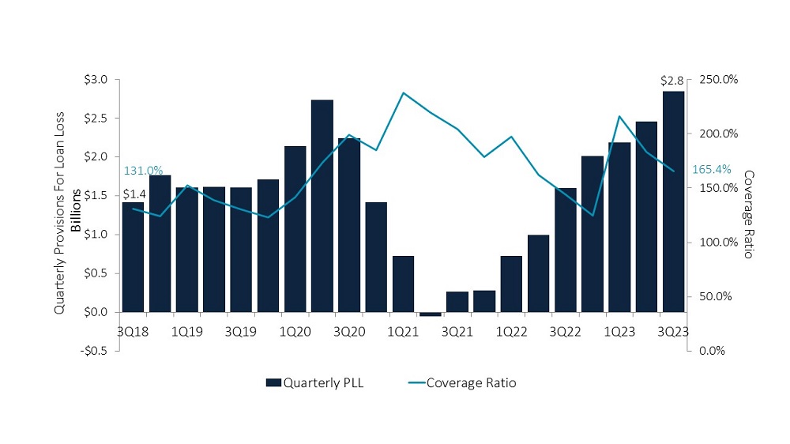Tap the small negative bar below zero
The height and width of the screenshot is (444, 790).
(x=431, y=314)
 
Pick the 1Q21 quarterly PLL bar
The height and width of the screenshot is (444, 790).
(x=403, y=284)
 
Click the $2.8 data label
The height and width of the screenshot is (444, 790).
(x=672, y=81)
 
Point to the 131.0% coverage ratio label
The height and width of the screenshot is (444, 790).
(x=143, y=171)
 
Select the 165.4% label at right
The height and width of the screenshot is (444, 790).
(x=712, y=169)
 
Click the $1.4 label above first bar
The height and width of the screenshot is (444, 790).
(x=134, y=194)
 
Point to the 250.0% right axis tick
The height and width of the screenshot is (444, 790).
(x=719, y=80)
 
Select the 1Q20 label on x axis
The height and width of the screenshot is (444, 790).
(x=295, y=332)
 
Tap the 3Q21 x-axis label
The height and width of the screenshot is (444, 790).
(x=457, y=332)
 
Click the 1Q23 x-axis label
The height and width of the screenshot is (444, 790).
(x=619, y=332)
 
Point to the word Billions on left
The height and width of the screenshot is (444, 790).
(x=76, y=213)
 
